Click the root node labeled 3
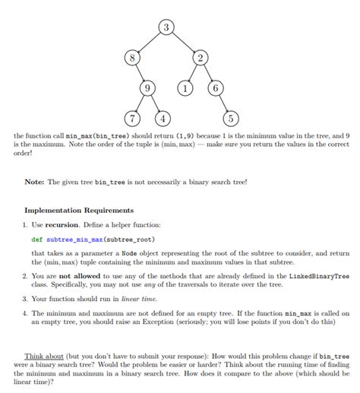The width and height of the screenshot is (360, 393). [167, 29]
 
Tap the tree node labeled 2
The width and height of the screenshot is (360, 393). [201, 58]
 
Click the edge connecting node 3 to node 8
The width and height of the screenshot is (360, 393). [150, 43]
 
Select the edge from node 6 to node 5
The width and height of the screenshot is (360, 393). [223, 103]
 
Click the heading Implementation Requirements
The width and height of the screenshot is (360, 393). [79, 211]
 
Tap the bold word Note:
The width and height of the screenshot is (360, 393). [35, 182]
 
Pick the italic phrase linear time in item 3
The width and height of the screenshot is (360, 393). [138, 299]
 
